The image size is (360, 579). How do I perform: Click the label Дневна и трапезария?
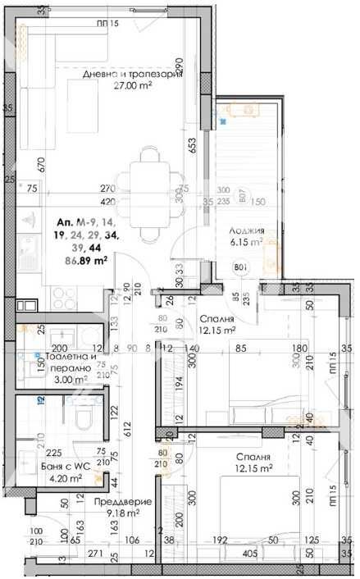(x=131, y=75)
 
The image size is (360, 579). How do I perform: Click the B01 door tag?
(x=241, y=267)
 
